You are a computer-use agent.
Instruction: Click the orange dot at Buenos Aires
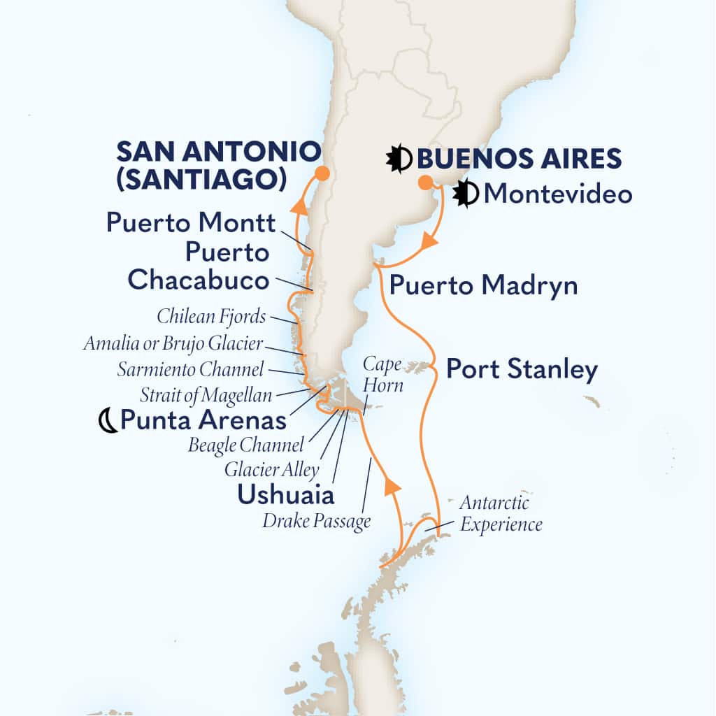[x=424, y=183]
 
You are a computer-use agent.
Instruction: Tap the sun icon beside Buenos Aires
[x=399, y=159]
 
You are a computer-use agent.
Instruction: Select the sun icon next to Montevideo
[x=466, y=194]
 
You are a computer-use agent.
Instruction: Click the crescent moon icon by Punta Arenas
[x=108, y=420]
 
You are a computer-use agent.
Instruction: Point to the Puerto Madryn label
[x=483, y=285]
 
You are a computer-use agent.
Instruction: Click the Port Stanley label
[x=522, y=370]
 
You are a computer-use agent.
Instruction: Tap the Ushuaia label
[x=285, y=494]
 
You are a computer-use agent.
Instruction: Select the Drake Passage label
[x=317, y=522]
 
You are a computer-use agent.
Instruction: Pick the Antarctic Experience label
[x=501, y=513]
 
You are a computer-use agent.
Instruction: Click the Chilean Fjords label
[x=211, y=316]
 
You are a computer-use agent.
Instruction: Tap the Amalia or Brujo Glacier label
[x=173, y=343]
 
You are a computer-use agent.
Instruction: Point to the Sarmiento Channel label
[x=191, y=369]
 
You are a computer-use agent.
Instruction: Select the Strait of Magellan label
[x=206, y=395]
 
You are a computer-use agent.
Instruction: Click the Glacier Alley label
[x=271, y=470]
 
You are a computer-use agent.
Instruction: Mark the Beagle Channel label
[x=246, y=445]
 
